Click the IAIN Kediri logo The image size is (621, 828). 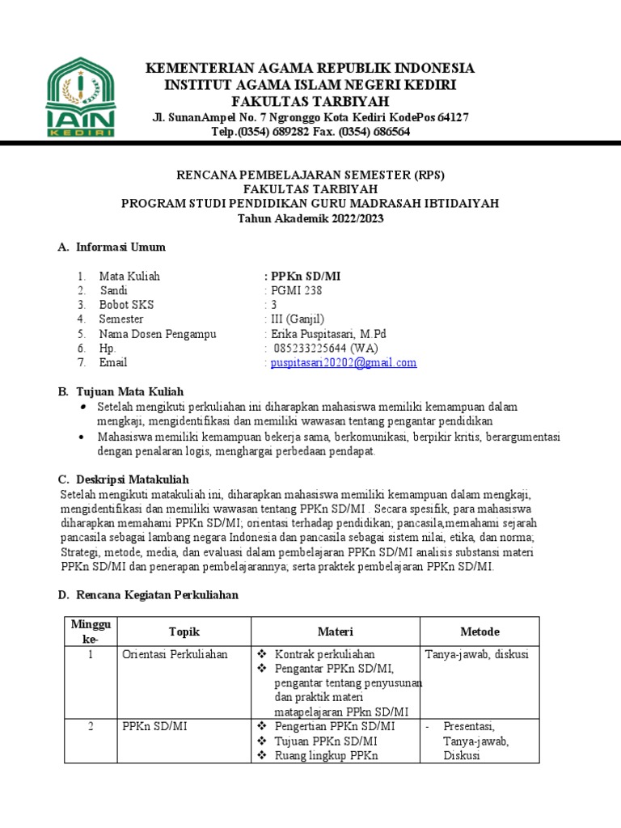click(80, 98)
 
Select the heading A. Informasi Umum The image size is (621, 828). click(112, 247)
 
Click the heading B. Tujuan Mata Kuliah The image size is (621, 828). click(120, 391)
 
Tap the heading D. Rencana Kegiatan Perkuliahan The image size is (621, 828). click(147, 596)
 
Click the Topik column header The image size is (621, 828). click(184, 632)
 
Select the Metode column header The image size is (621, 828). click(479, 632)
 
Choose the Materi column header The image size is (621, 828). click(336, 632)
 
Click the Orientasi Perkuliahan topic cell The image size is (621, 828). click(175, 654)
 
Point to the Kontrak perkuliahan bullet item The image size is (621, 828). click(324, 654)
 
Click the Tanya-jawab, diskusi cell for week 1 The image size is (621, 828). click(476, 654)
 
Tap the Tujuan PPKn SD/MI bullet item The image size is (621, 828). click(325, 741)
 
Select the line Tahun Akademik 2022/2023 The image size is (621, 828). click(310, 218)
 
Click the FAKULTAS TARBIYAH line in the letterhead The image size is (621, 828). click(310, 101)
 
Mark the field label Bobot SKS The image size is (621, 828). click(126, 305)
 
